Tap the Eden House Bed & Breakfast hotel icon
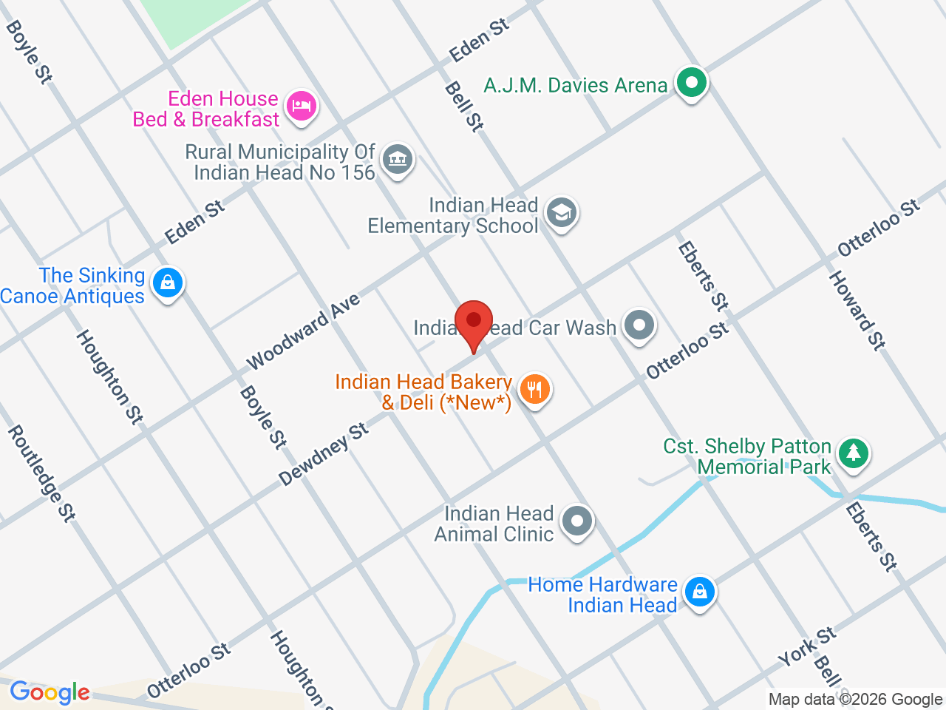click(x=301, y=105)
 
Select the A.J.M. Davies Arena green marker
click(x=691, y=83)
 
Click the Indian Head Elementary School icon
click(x=562, y=213)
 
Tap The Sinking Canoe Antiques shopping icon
click(x=168, y=283)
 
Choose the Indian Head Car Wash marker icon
click(x=639, y=325)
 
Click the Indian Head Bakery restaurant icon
click(x=534, y=389)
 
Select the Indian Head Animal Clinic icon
click(x=577, y=521)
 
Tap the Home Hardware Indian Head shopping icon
click(x=698, y=592)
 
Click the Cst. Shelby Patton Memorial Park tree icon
click(x=854, y=452)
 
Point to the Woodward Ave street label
click(x=303, y=331)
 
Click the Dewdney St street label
click(x=324, y=454)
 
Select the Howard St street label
click(x=857, y=310)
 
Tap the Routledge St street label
click(x=41, y=474)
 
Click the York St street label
click(x=807, y=646)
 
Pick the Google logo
click(x=50, y=693)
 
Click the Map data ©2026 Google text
click(x=855, y=700)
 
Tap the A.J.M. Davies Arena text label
click(x=576, y=86)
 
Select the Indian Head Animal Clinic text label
click(x=494, y=524)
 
